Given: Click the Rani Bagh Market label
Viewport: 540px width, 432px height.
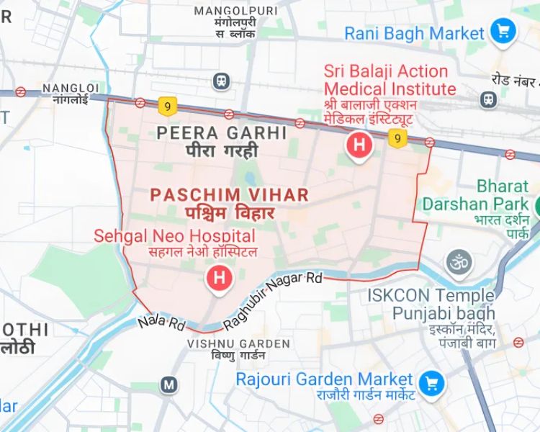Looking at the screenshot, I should [x=414, y=33].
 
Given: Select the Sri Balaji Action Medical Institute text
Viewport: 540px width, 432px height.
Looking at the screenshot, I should [x=390, y=80].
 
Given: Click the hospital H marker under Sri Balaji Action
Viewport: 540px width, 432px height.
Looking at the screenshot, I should [x=359, y=145].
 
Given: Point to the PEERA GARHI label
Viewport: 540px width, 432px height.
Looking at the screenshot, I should [x=222, y=133].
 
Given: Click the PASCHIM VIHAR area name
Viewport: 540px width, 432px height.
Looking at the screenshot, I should [x=230, y=194].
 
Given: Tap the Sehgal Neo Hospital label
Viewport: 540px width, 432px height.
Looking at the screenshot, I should [x=175, y=236].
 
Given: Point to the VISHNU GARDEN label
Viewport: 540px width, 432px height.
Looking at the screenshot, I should [x=228, y=344].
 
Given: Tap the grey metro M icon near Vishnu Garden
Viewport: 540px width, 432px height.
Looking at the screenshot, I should [x=169, y=384].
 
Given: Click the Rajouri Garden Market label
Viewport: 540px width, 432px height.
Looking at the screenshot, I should [x=325, y=379].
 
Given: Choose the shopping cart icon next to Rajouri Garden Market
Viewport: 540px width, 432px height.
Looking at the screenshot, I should [x=431, y=381].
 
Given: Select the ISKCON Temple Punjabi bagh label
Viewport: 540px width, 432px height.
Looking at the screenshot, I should [x=431, y=305].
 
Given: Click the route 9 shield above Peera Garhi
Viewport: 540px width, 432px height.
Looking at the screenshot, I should [x=168, y=107].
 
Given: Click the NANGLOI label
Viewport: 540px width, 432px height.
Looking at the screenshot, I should [x=66, y=88].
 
